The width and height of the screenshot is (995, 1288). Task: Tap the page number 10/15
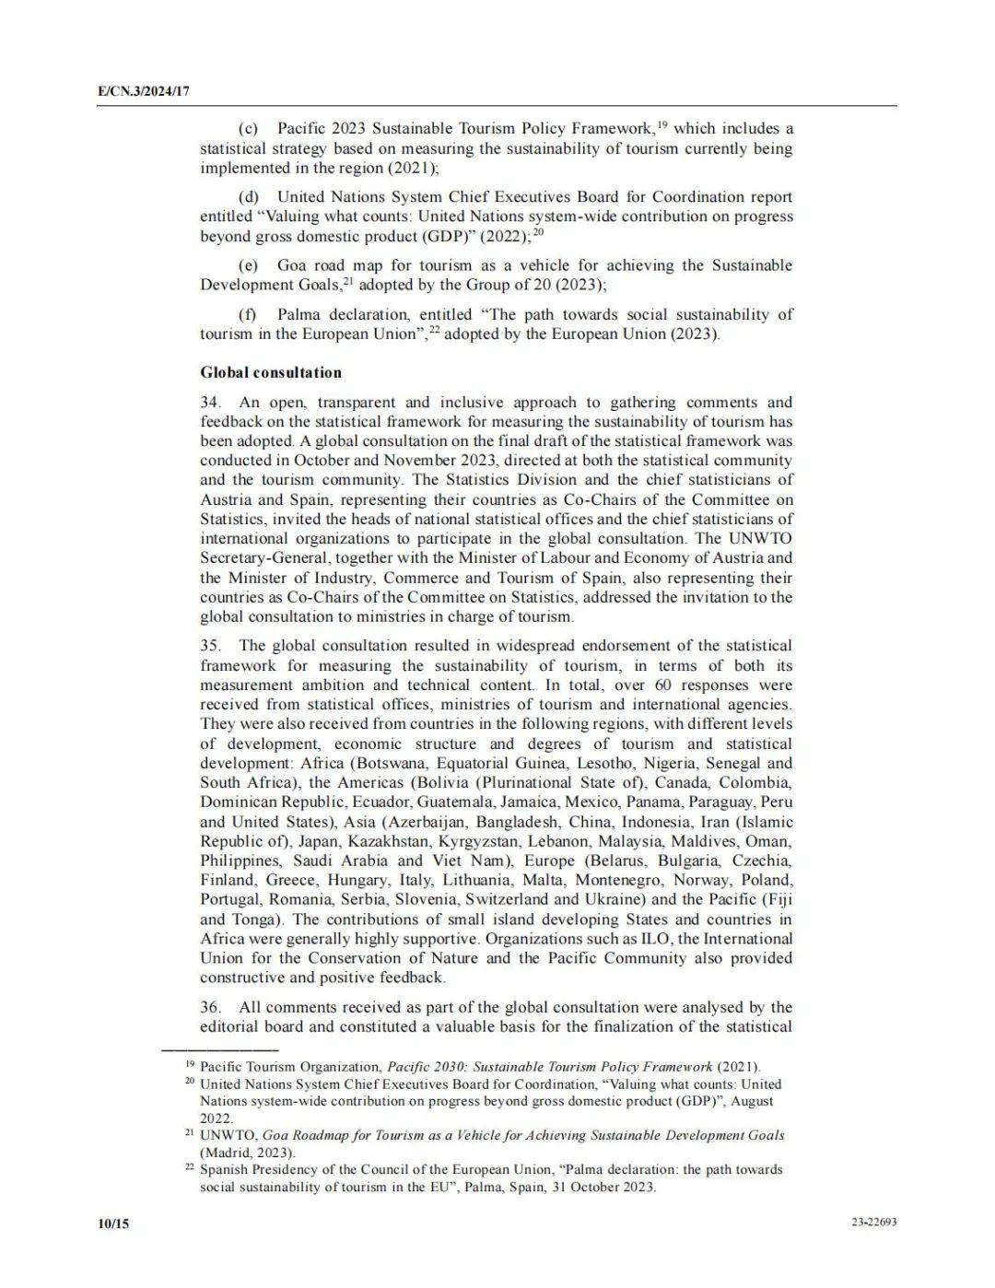(x=113, y=1224)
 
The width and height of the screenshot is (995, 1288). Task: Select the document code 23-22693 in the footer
(x=874, y=1223)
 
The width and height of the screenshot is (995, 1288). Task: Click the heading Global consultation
(x=271, y=372)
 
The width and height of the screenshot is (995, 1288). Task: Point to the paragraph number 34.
(x=210, y=402)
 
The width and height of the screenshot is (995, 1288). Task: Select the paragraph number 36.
(x=210, y=1007)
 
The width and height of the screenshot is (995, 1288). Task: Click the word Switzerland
(x=507, y=899)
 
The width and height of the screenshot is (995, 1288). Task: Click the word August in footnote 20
(x=752, y=1101)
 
